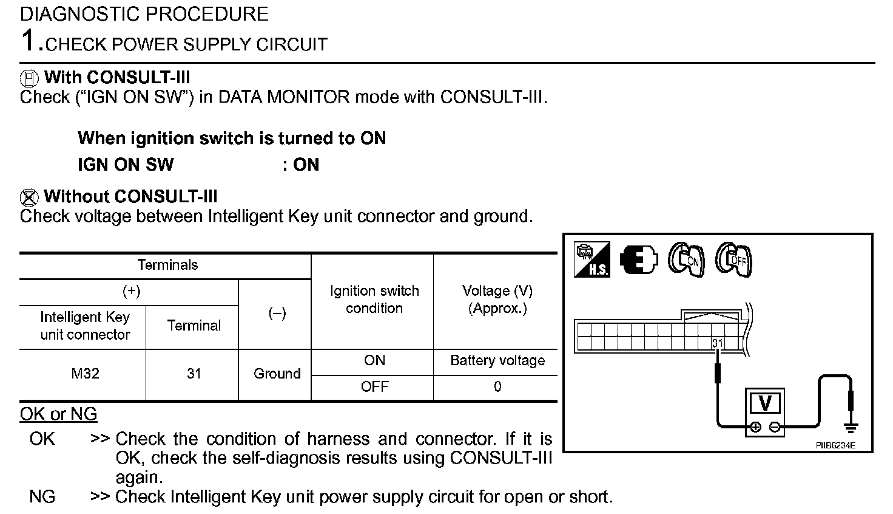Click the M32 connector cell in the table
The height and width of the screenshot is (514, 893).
pyautogui.click(x=85, y=374)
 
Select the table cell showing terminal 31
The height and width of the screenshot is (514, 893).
pyautogui.click(x=194, y=374)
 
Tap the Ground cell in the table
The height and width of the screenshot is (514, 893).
pyautogui.click(x=277, y=374)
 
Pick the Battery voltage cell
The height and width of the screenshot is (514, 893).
pyautogui.click(x=497, y=361)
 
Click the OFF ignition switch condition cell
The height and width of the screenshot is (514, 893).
pyautogui.click(x=374, y=387)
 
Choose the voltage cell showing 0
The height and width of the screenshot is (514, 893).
pyautogui.click(x=497, y=387)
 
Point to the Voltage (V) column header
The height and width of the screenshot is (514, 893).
pyautogui.click(x=497, y=300)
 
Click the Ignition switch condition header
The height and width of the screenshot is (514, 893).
pyautogui.click(x=374, y=300)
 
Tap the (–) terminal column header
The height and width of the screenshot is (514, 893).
pyautogui.click(x=277, y=314)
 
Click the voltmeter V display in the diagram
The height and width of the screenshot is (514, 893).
pyautogui.click(x=765, y=403)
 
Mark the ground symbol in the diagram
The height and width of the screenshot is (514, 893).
pyautogui.click(x=851, y=429)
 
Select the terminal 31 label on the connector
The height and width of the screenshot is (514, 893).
pyautogui.click(x=718, y=343)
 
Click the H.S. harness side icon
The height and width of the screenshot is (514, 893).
pyautogui.click(x=591, y=260)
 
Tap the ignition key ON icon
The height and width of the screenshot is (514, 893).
pyautogui.click(x=686, y=260)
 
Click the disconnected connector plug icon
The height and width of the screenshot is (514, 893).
pyautogui.click(x=639, y=260)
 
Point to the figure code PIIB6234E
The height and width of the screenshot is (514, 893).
pyautogui.click(x=835, y=445)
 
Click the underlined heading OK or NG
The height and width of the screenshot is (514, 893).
pyautogui.click(x=58, y=414)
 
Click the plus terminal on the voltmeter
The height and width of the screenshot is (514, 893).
pyautogui.click(x=755, y=427)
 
